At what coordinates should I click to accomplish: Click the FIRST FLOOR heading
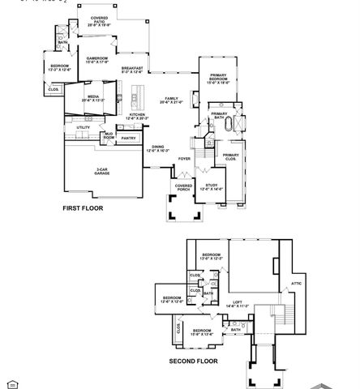tap(84, 208)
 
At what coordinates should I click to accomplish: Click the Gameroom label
tap(97, 60)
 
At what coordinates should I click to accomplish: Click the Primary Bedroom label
tap(217, 78)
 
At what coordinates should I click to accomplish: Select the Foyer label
tap(185, 158)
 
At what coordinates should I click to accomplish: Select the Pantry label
tap(128, 138)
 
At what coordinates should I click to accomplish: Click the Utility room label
tap(84, 127)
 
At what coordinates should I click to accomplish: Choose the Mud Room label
tap(108, 135)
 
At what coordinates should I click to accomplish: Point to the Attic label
tap(295, 283)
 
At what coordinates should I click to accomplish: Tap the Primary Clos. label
tap(230, 156)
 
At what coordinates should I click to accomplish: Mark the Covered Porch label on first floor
tap(183, 187)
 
